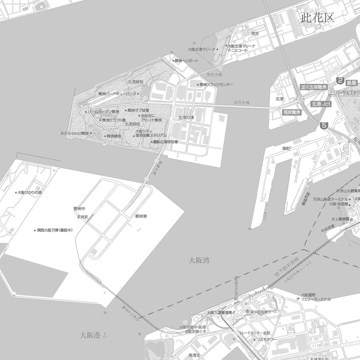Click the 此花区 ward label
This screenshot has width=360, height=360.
click(x=317, y=18)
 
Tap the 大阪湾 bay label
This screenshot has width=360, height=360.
click(x=199, y=260)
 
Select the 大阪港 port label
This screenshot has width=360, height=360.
click(x=90, y=335)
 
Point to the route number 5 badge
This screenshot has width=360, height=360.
click(x=324, y=126)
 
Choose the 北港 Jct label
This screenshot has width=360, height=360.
click(x=321, y=104)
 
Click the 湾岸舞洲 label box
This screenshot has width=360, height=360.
click(x=292, y=112)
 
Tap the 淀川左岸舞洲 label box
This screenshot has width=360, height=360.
click(x=314, y=88)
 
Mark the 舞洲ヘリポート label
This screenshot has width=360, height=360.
click(x=186, y=61)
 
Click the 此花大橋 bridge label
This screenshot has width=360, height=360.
click(x=242, y=103)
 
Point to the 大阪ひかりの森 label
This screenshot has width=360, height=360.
click(x=30, y=192)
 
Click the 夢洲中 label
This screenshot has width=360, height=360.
click(x=79, y=209)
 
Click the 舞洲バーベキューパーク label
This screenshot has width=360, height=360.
click(x=117, y=94)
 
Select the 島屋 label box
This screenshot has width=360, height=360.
click(x=351, y=83)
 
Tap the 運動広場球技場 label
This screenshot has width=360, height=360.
click(x=166, y=142)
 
